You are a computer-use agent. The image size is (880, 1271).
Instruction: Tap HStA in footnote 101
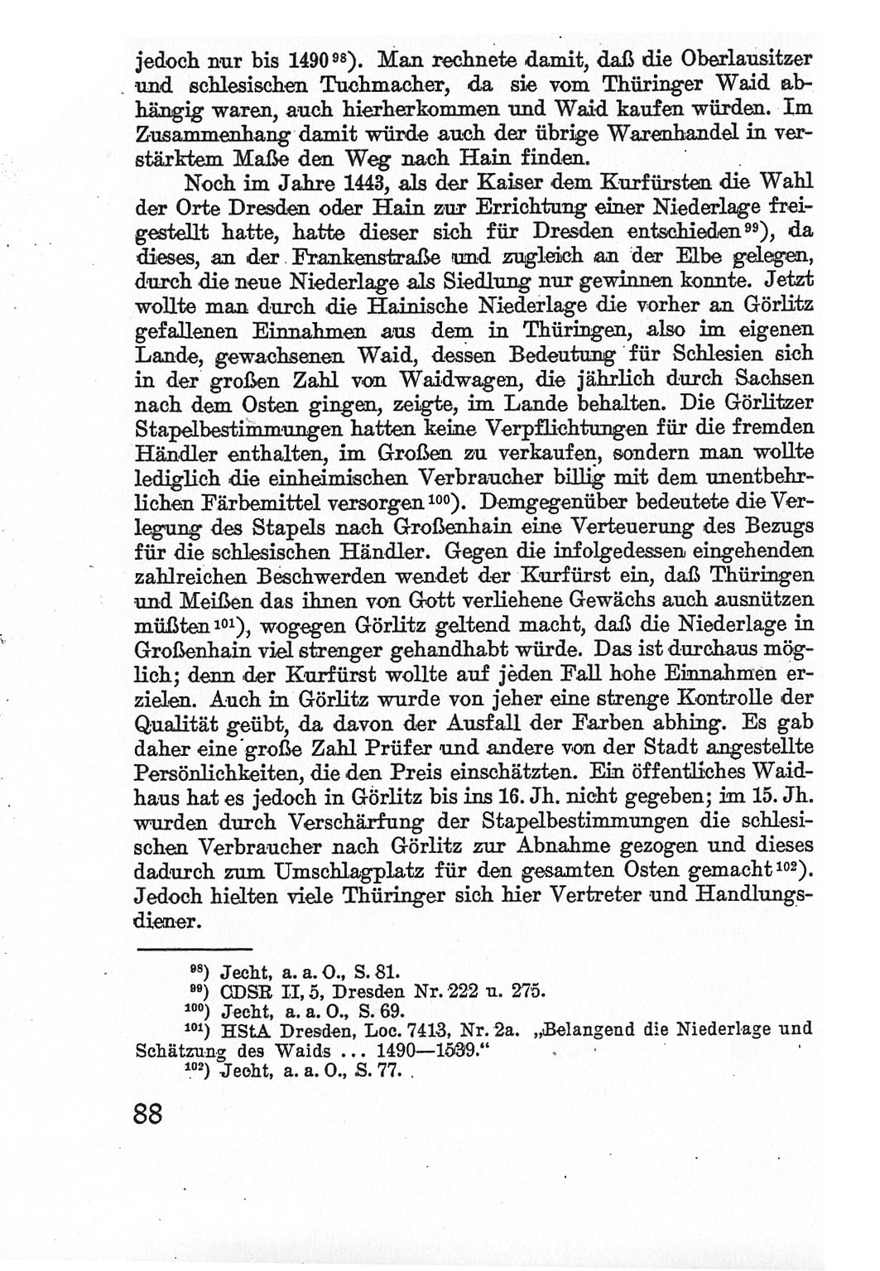[x=248, y=1031]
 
